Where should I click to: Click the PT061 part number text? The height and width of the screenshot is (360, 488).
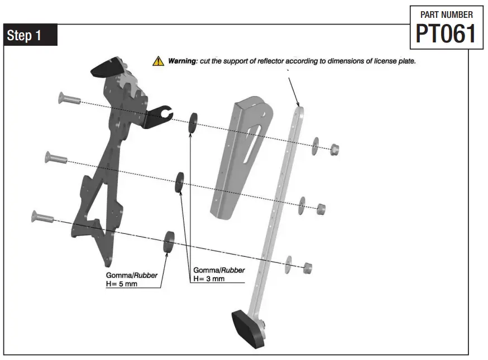[446, 34]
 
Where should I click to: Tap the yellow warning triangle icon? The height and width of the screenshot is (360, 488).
[158, 61]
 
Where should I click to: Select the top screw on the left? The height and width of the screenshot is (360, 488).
[69, 99]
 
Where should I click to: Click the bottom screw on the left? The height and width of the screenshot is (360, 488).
[42, 217]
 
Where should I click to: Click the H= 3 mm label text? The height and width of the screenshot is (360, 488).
[209, 279]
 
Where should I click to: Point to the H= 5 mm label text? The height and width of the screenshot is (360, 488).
[122, 284]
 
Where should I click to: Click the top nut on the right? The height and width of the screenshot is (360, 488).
[334, 149]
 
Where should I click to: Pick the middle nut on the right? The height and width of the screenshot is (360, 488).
[320, 209]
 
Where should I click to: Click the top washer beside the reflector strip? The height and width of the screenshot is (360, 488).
[315, 144]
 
